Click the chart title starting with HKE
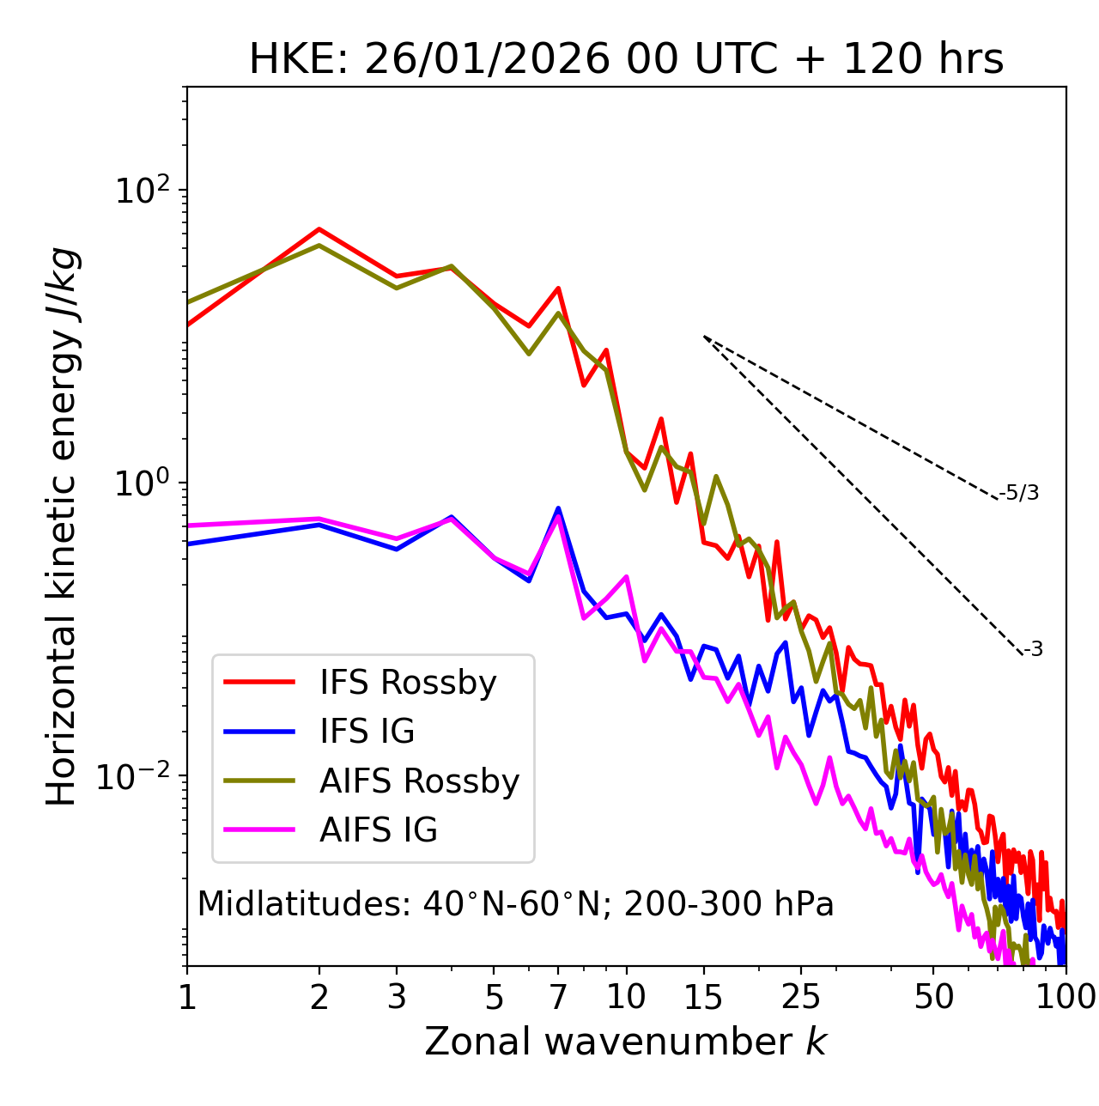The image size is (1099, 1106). point(626,60)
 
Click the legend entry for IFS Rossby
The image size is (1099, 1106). point(408,683)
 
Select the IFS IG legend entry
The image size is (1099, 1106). point(367,732)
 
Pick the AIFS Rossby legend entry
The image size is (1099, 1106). point(419,781)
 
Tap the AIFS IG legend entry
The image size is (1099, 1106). point(379,830)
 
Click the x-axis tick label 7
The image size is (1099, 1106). point(558,997)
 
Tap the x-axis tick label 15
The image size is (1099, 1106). point(703,997)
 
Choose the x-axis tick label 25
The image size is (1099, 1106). point(801,997)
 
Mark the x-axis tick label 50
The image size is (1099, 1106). point(933,997)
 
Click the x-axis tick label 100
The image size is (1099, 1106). point(1065,997)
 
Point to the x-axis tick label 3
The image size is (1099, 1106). point(396,997)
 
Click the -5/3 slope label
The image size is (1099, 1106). point(1019,494)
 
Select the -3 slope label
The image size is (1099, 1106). point(1033,650)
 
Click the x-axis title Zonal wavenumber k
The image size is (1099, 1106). point(626,1042)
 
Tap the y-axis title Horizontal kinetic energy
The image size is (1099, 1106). point(63,526)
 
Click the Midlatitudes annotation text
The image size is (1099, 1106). point(515,904)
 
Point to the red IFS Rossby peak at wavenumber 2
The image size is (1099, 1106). point(319,229)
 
